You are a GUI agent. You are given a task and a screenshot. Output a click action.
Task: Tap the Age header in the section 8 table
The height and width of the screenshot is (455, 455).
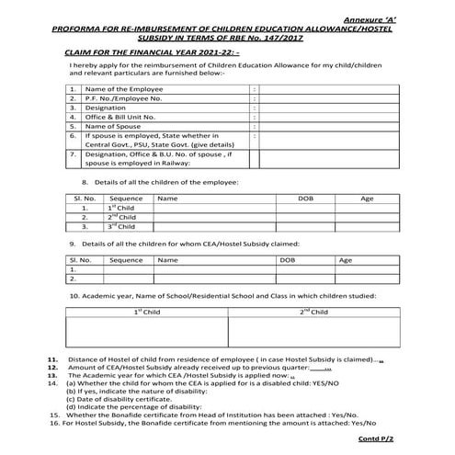367,198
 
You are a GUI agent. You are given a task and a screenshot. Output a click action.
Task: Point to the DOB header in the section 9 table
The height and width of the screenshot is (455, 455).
286,260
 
